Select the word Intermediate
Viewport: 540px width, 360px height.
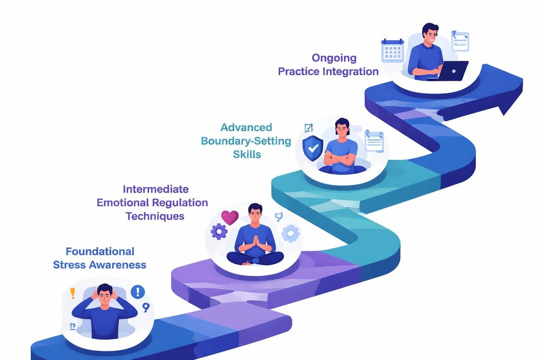point(156,189)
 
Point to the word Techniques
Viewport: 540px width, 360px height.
point(155,216)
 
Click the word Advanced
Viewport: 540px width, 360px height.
point(247,127)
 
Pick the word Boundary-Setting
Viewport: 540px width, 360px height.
point(246,141)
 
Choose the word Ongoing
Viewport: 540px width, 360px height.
point(334,58)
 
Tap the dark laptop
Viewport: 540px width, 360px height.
point(450,71)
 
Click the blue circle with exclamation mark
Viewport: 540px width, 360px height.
point(138,292)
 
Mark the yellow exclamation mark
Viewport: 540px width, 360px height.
point(72,294)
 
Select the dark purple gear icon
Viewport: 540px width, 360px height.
point(219,232)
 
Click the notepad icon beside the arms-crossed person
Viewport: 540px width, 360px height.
point(374,141)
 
